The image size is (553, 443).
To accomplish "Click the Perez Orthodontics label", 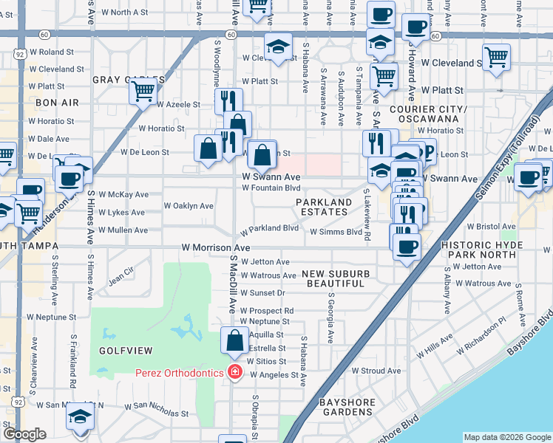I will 179,373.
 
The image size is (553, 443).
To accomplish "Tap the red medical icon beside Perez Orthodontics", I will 235,373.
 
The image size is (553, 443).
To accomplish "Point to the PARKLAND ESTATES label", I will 324,207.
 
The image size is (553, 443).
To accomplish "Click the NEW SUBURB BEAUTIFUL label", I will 335,279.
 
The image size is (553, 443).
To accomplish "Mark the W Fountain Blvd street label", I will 271,188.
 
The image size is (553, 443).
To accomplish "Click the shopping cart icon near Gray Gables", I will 143,92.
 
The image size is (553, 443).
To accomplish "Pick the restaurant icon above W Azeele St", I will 228,101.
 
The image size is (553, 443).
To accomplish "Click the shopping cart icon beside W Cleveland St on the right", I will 496,56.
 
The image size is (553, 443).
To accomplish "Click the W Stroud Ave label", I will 376,371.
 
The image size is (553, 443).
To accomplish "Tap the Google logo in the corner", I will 24,435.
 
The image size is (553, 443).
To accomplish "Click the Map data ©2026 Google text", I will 506,437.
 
